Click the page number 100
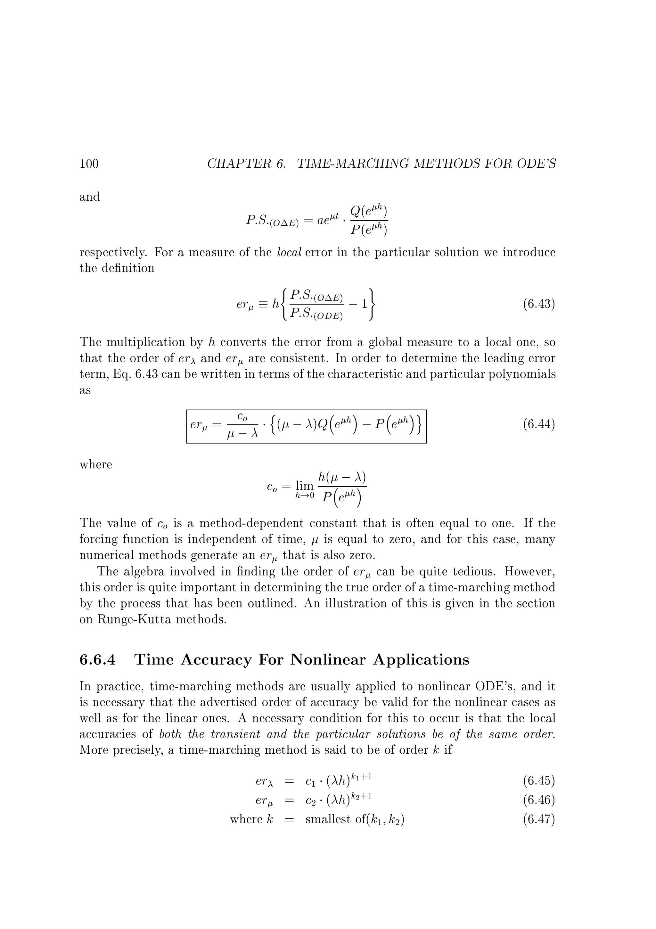point(89,163)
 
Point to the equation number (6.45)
point(539,781)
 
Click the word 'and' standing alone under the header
point(89,197)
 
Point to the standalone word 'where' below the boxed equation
point(96,464)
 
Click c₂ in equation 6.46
point(311,801)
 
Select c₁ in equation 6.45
point(311,781)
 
